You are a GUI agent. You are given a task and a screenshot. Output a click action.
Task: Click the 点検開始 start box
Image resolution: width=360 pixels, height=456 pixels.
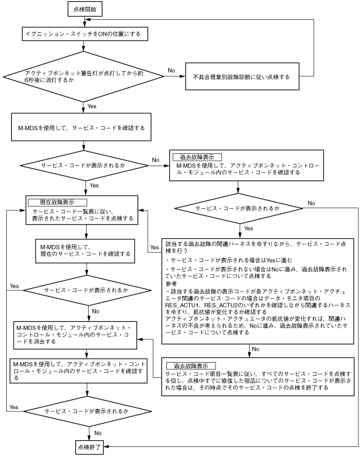(x=84, y=9)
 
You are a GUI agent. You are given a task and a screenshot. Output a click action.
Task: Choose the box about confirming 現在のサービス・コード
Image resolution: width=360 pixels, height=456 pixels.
(x=84, y=251)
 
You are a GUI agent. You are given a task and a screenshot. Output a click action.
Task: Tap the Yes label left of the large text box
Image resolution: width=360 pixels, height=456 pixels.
(x=154, y=248)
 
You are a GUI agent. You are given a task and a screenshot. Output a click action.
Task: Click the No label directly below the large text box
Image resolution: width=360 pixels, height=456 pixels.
(x=255, y=349)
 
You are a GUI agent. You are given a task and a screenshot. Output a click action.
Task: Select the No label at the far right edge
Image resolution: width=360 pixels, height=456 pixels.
(x=311, y=202)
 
